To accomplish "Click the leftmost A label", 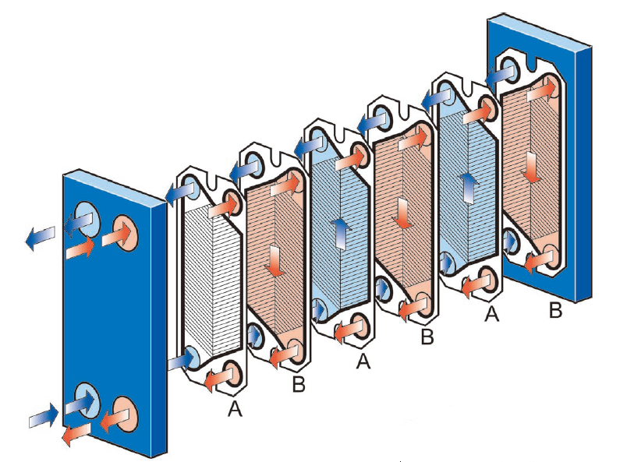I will tap(235, 408).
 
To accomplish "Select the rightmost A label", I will tap(491, 313).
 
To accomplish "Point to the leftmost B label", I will tap(298, 385).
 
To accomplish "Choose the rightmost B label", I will tap(555, 311).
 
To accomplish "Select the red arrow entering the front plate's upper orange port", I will tap(81, 249).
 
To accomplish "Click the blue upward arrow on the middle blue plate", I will tap(340, 233).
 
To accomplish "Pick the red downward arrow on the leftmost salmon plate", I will tap(274, 262).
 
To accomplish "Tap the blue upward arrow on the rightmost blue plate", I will tap(468, 186).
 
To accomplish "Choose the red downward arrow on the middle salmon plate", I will tap(403, 213).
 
